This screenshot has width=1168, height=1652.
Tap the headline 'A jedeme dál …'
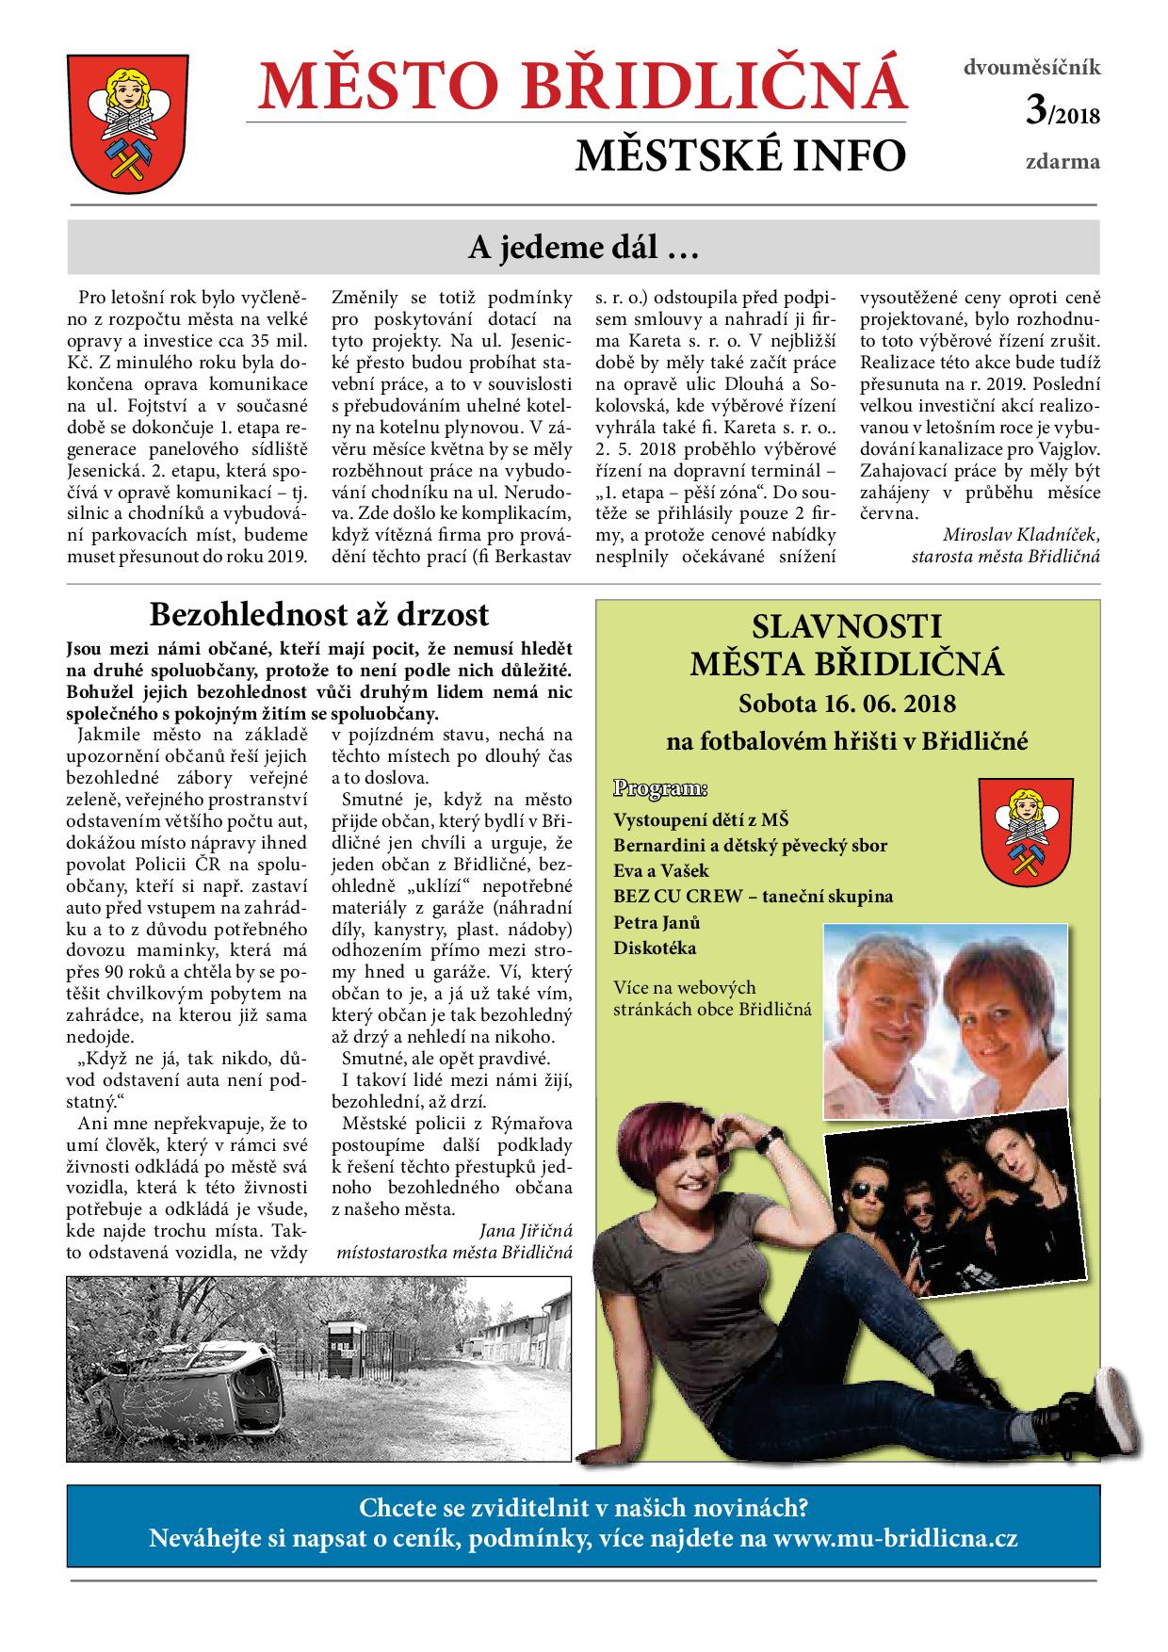(582, 249)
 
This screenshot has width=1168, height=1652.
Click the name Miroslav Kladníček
(1020, 534)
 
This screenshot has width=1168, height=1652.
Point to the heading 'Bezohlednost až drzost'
(319, 614)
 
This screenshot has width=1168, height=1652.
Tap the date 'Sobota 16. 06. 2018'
(847, 703)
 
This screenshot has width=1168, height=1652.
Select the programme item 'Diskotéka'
(655, 947)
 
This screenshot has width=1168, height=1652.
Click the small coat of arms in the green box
(1020, 826)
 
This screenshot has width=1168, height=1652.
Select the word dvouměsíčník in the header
(1031, 67)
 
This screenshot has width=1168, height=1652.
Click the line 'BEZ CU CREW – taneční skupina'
(753, 896)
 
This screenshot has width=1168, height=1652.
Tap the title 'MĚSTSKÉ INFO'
(740, 156)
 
